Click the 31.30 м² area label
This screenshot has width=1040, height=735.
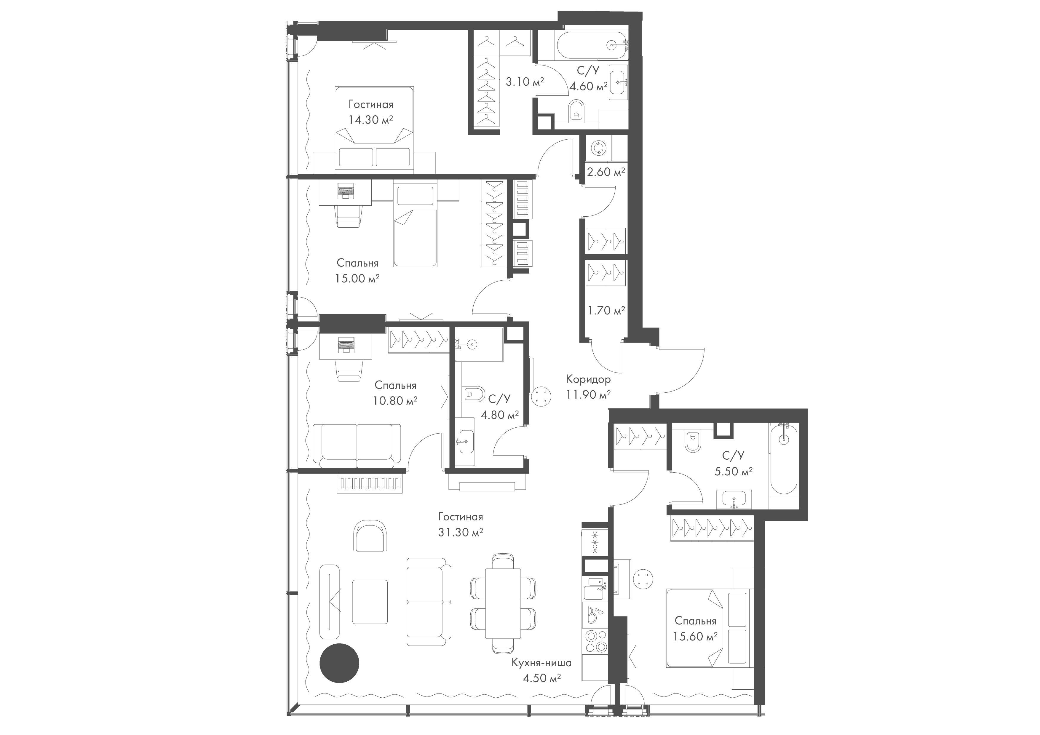[x=460, y=533]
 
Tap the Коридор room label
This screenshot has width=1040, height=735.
[x=588, y=379]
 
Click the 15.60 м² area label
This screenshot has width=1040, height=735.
[x=695, y=636]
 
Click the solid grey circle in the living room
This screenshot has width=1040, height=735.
[x=339, y=663]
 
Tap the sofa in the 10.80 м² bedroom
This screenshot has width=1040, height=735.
[x=357, y=445]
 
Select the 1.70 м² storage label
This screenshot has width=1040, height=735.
[x=606, y=310]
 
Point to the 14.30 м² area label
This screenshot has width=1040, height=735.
[x=370, y=120]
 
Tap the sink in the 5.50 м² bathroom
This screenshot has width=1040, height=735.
[x=734, y=499]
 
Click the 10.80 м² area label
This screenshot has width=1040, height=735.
[x=395, y=400]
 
